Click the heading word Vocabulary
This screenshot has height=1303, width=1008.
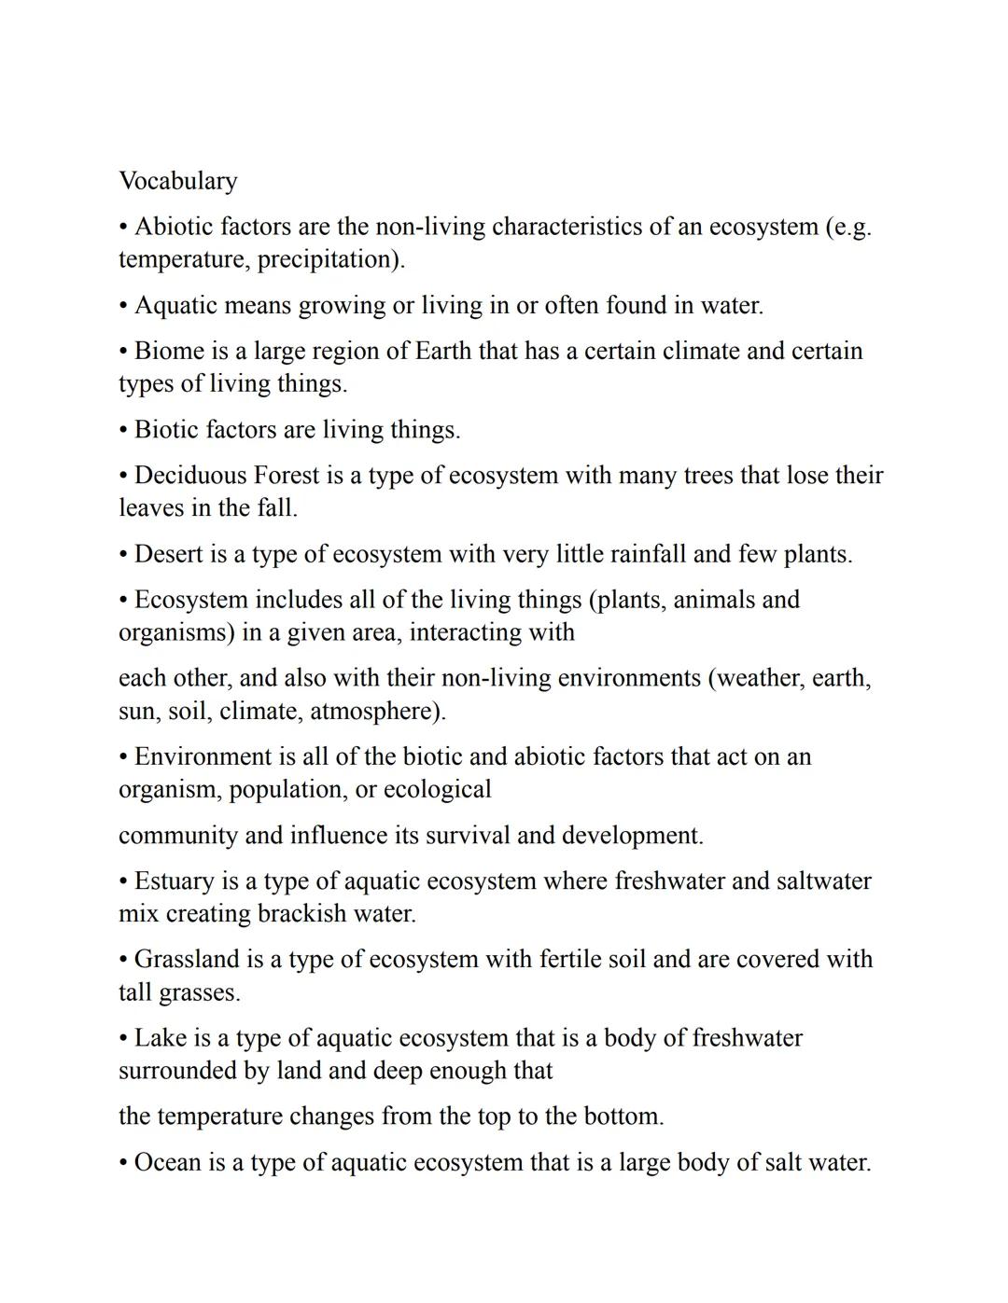click(178, 181)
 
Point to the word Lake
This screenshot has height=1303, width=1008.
click(160, 1038)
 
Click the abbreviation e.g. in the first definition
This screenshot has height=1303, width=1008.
click(850, 228)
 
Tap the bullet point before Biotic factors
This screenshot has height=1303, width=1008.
click(124, 430)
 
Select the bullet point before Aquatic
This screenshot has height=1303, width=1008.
click(124, 306)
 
